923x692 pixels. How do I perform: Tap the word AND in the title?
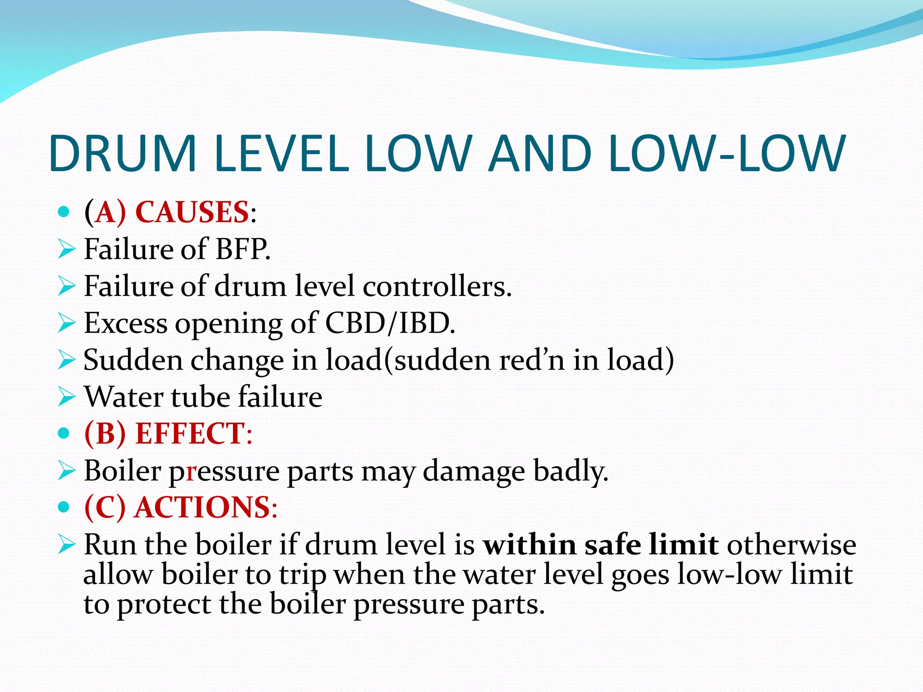(x=540, y=154)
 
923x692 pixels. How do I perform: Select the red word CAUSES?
(x=192, y=212)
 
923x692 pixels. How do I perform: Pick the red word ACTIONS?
(x=202, y=508)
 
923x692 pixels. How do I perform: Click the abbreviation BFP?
(x=242, y=249)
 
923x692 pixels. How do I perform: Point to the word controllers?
(x=437, y=287)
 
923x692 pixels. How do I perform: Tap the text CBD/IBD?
(x=390, y=323)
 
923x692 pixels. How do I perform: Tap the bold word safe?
(x=613, y=545)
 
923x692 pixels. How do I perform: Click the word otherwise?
(x=791, y=545)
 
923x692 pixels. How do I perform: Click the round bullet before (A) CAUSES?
(x=64, y=212)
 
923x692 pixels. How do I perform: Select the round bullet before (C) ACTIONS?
(x=64, y=507)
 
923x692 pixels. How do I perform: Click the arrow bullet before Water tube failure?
(x=67, y=397)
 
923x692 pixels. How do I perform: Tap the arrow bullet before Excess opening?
(x=67, y=323)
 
